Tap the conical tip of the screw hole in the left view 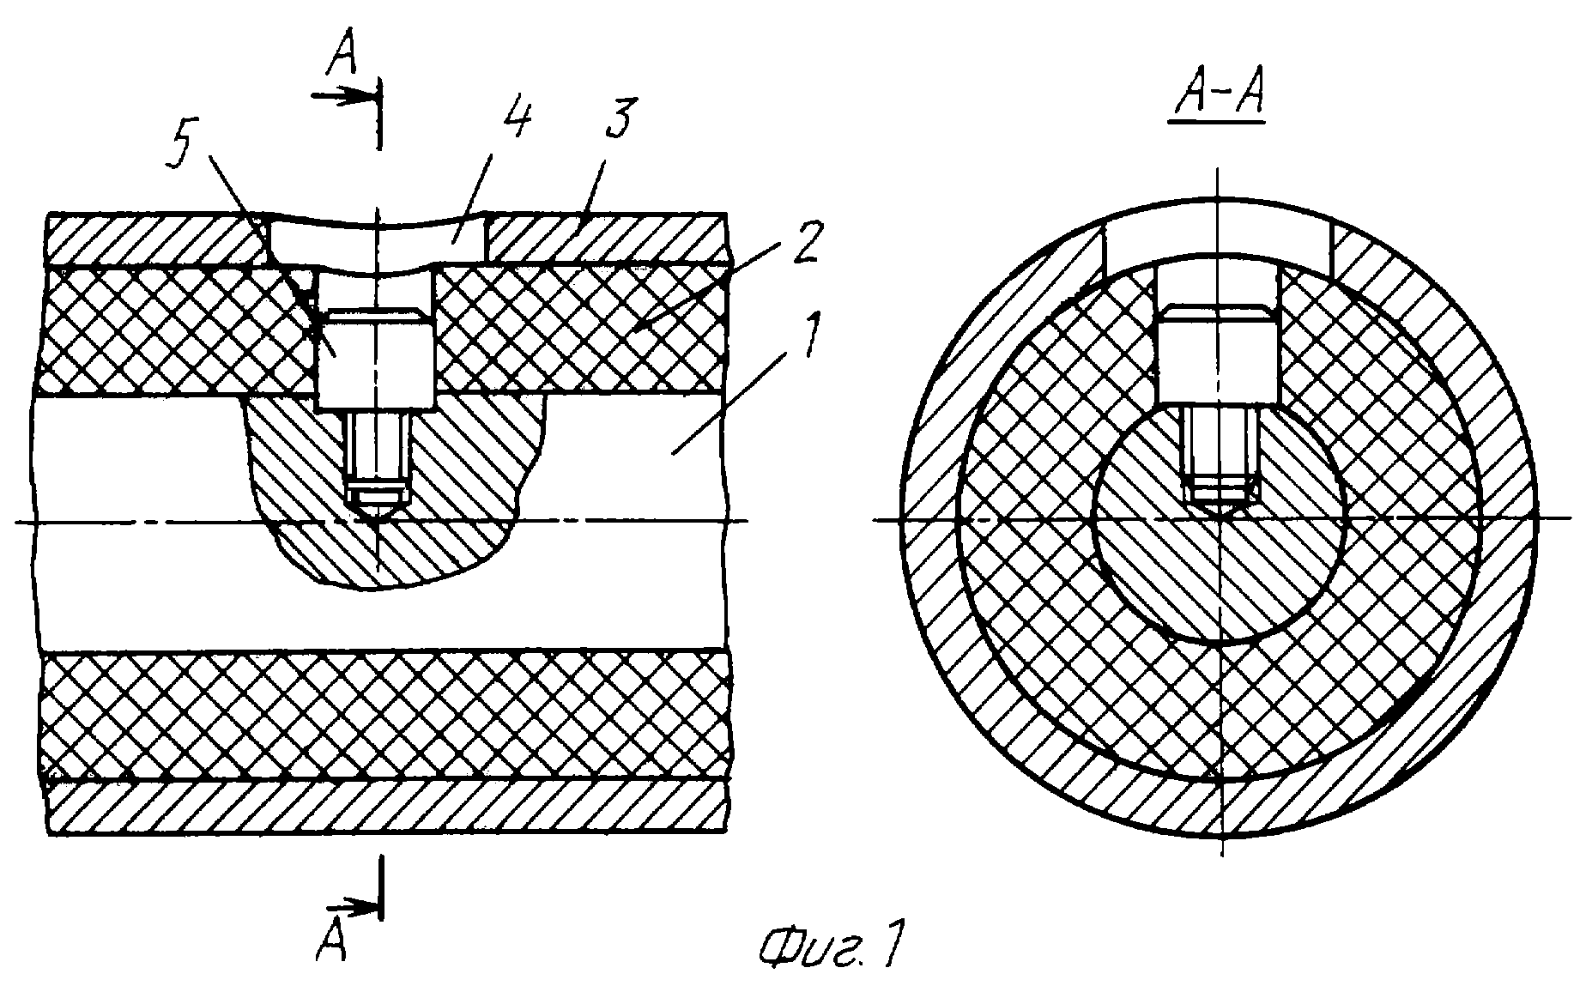[374, 511]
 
